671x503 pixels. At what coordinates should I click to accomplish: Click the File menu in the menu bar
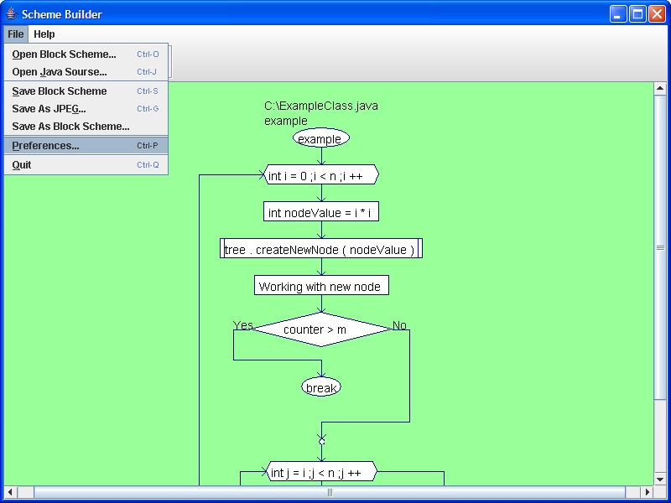[x=16, y=34]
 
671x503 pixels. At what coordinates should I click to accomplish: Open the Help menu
[x=44, y=34]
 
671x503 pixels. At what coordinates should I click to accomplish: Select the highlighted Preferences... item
[x=86, y=145]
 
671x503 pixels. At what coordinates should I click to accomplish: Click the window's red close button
[x=657, y=14]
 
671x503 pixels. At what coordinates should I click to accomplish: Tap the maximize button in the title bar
[x=637, y=14]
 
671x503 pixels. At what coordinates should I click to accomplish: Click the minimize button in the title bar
[x=618, y=14]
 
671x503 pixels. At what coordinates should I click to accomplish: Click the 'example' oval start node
[x=321, y=138]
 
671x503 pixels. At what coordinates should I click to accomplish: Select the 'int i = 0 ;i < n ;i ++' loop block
[x=321, y=174]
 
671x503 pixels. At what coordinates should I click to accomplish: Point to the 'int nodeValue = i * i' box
[x=321, y=212]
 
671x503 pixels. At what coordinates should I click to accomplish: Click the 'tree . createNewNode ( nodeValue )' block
[x=321, y=248]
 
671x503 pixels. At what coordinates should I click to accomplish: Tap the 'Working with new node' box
[x=321, y=285]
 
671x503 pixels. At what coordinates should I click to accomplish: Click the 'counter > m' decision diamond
[x=321, y=329]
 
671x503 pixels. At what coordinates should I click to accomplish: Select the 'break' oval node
[x=321, y=387]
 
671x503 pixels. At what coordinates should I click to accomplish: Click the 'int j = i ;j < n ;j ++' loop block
[x=321, y=471]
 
